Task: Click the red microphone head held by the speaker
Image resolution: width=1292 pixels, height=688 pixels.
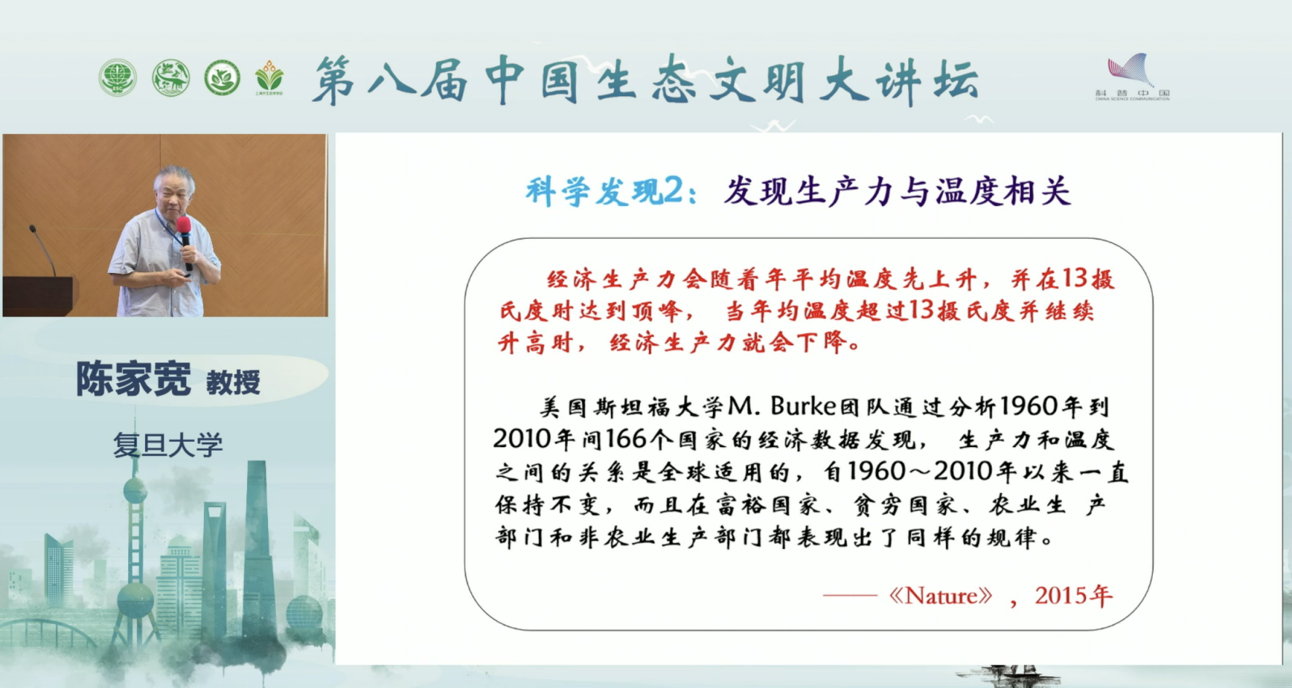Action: tap(184, 224)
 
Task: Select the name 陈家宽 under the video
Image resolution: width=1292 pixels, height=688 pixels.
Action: tap(133, 379)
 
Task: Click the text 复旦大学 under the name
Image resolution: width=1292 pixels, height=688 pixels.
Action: tap(168, 445)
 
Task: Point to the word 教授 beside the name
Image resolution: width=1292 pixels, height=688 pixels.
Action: tap(233, 382)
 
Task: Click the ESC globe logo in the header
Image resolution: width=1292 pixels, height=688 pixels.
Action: tap(117, 78)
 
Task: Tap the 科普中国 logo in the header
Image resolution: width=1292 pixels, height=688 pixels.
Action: tap(1131, 76)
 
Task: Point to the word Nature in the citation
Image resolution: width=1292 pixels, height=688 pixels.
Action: tap(940, 596)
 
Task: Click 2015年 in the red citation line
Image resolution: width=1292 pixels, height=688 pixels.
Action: tap(1074, 596)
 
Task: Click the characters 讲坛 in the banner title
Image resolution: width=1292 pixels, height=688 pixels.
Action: tap(926, 80)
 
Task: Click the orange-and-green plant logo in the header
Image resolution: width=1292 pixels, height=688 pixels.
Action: tap(269, 76)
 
